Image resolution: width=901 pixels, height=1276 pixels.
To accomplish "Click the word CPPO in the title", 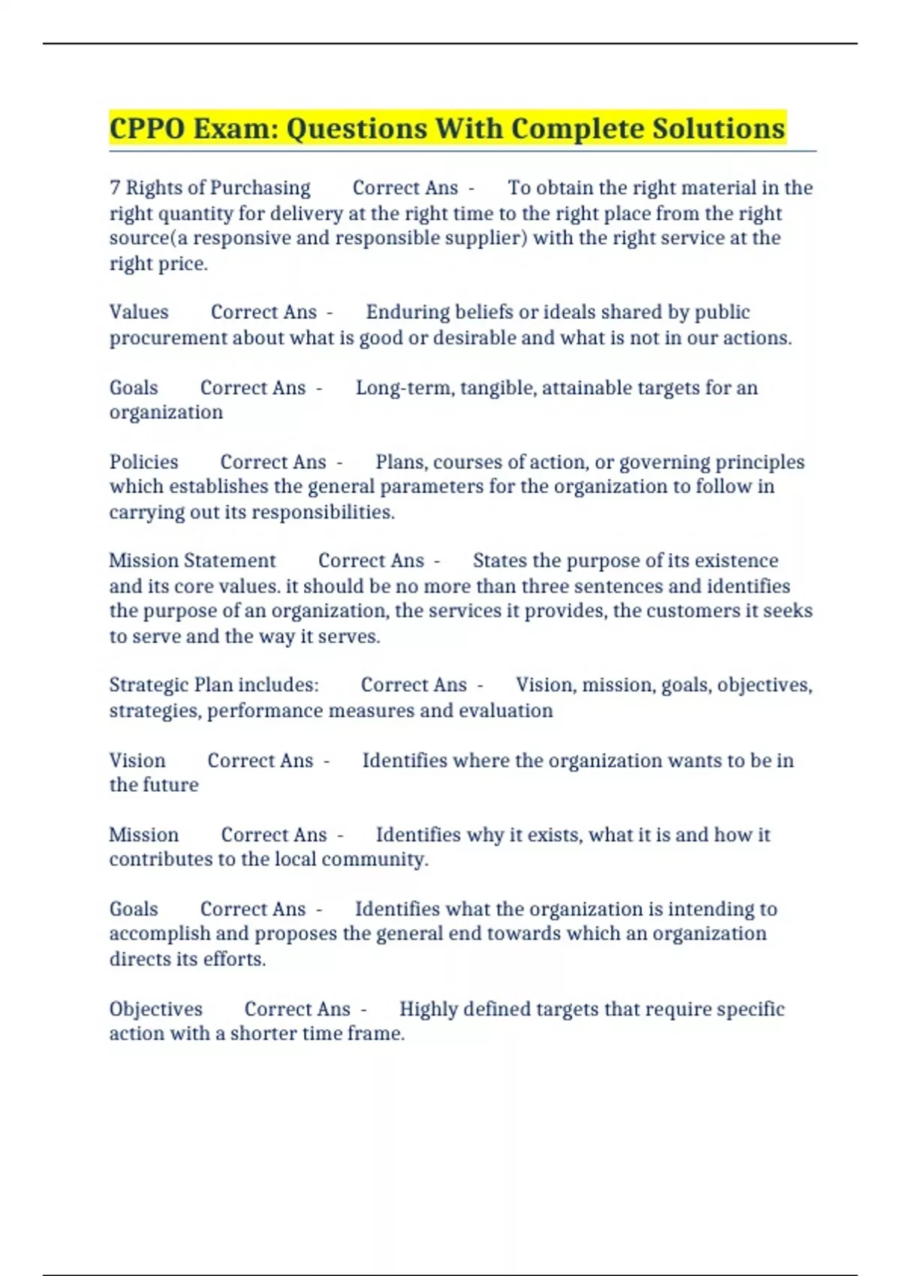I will point(147,129).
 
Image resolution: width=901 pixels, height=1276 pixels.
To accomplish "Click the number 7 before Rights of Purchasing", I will point(115,188).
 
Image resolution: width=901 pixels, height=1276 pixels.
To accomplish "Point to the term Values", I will point(139,312).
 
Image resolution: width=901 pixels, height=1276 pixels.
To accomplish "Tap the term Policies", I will point(143,462).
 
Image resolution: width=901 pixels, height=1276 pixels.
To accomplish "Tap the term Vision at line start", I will point(137,760).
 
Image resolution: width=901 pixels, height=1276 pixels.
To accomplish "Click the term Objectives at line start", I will point(155,1009).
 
